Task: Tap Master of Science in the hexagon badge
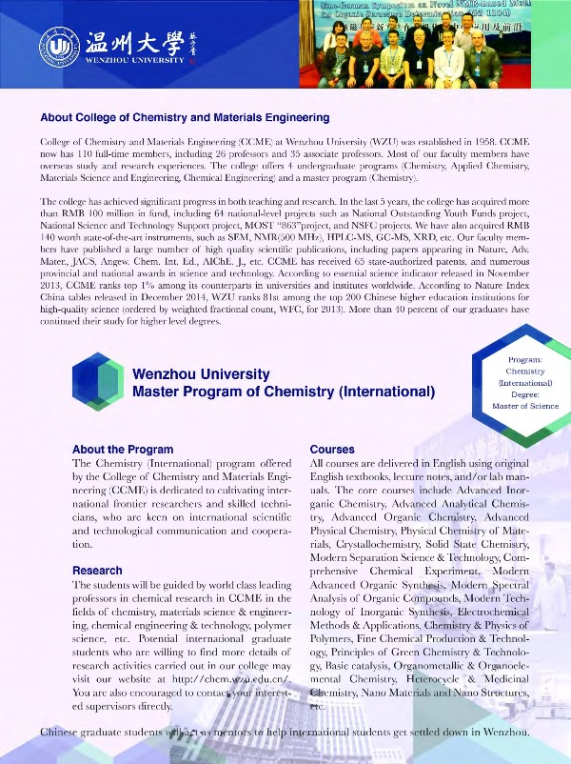(x=525, y=406)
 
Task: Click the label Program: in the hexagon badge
(x=525, y=360)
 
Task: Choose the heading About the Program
(x=123, y=449)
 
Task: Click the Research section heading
(x=97, y=571)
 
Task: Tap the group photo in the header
(x=420, y=44)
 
